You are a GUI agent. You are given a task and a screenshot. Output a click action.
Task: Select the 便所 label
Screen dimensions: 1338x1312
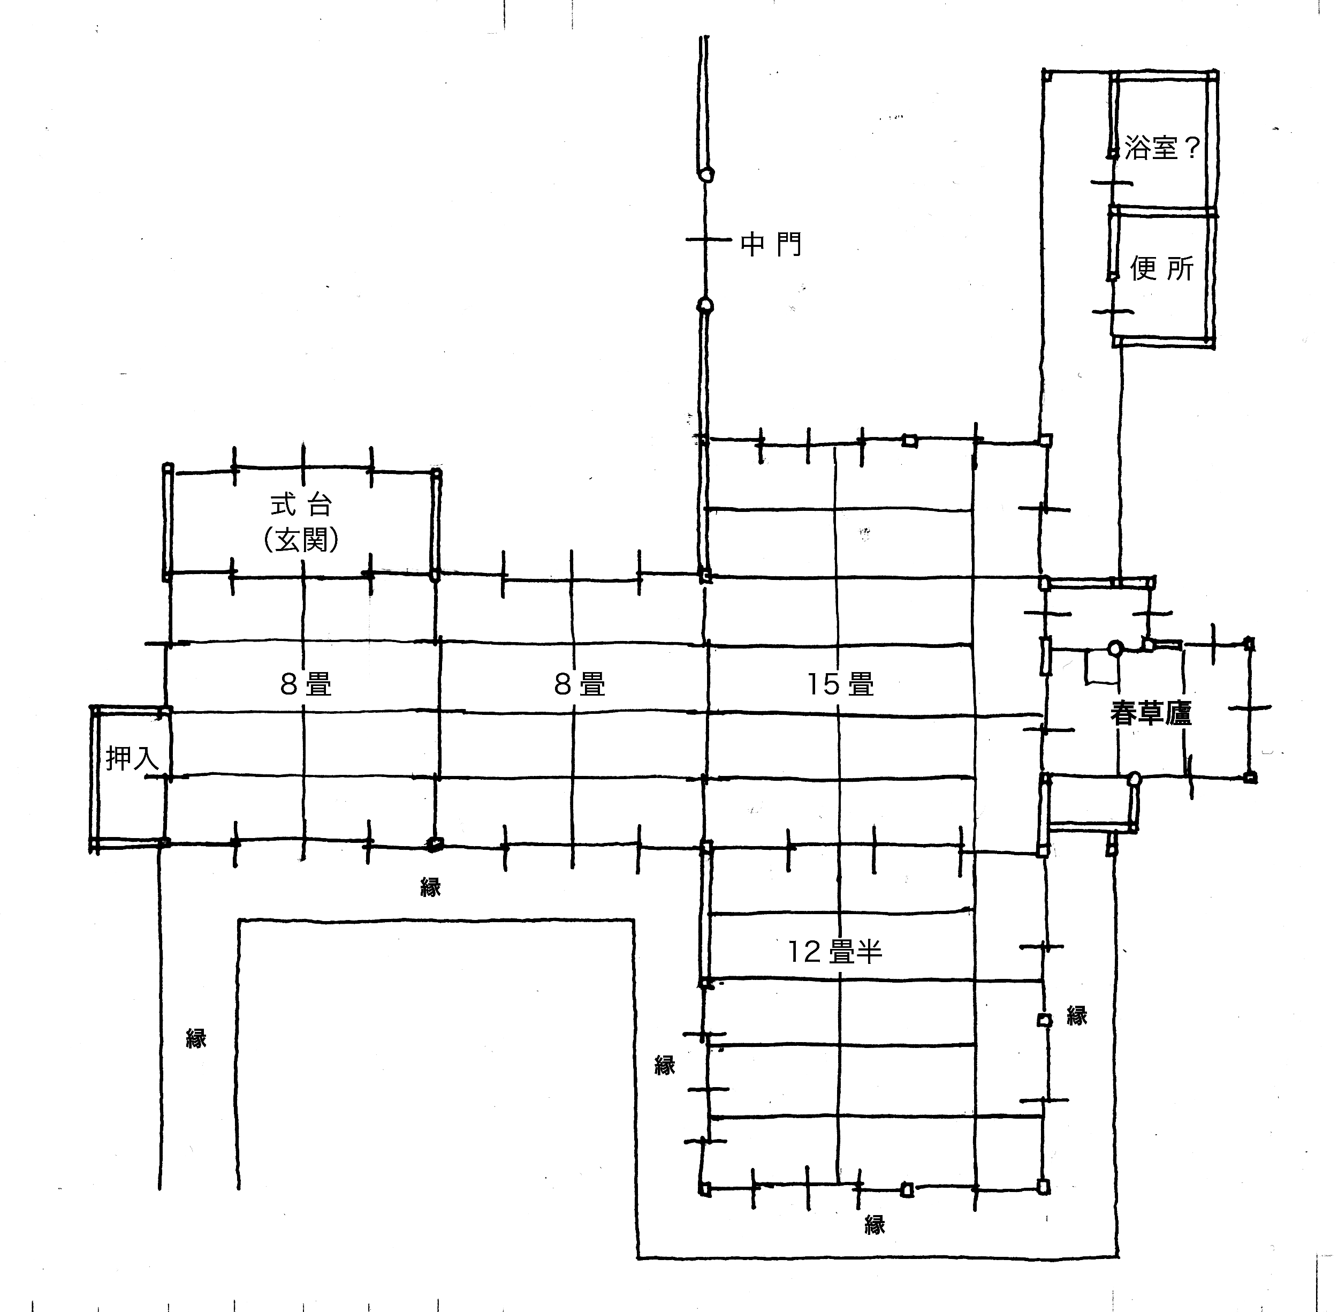tap(1162, 268)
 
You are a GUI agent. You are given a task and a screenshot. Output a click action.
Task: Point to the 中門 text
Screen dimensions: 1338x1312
tap(771, 244)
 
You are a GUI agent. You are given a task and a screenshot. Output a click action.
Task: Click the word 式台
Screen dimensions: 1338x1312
tap(301, 505)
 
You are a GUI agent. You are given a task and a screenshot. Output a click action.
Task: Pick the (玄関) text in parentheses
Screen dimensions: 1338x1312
tap(301, 540)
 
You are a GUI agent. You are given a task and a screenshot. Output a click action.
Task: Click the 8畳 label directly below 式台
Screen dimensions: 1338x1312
tap(306, 684)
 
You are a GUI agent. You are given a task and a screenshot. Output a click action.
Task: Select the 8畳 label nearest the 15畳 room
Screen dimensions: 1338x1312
tap(580, 684)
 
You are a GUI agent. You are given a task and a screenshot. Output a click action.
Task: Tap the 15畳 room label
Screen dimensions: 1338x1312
tap(840, 684)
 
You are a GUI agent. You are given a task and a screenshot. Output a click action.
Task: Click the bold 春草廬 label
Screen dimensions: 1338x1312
tap(1151, 713)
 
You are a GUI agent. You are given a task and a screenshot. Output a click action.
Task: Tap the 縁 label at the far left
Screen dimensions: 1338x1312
tap(196, 1038)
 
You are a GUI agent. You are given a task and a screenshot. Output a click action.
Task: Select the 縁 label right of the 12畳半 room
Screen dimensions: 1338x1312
tap(1077, 1015)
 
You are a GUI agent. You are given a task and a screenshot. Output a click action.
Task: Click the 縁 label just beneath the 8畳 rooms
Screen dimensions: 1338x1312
tap(430, 887)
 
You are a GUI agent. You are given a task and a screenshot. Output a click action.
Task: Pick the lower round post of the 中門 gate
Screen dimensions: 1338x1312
tap(705, 305)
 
